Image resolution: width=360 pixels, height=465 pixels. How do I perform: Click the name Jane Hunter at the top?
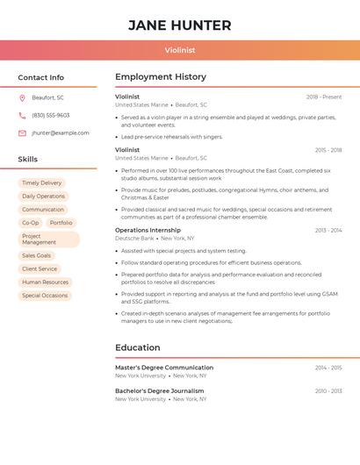coord(180,25)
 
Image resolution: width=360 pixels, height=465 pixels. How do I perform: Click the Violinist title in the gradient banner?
coord(180,50)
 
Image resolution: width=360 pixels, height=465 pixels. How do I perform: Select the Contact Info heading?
coord(41,77)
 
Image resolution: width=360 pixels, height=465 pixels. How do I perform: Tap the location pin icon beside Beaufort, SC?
coord(22,97)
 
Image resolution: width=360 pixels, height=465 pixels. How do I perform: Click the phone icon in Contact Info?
coord(22,115)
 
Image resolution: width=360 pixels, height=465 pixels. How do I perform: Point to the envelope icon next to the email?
coord(22,132)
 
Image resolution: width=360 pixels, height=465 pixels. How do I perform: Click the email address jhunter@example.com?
coord(61,132)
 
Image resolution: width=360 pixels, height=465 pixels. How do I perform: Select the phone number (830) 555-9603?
coord(50,115)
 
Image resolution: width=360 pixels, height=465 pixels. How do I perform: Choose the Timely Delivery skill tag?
coord(42,182)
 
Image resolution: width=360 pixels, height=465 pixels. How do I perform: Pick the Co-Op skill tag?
coord(31,223)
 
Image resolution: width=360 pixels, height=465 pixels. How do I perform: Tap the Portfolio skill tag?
coord(61,223)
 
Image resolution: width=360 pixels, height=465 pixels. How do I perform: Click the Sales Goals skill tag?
coord(37,255)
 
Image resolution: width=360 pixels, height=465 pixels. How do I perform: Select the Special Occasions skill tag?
coord(45,296)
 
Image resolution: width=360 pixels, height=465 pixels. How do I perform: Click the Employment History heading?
coord(161,77)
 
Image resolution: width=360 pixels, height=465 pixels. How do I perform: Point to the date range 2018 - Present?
coord(324,97)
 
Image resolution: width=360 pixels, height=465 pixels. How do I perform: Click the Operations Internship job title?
coord(148,230)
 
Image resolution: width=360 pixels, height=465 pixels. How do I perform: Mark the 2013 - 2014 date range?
coord(328,230)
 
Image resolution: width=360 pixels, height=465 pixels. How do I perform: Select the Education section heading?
coord(138,347)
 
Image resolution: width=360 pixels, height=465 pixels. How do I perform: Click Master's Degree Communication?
coord(164,368)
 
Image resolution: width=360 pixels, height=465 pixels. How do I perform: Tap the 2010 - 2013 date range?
coord(328,390)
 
